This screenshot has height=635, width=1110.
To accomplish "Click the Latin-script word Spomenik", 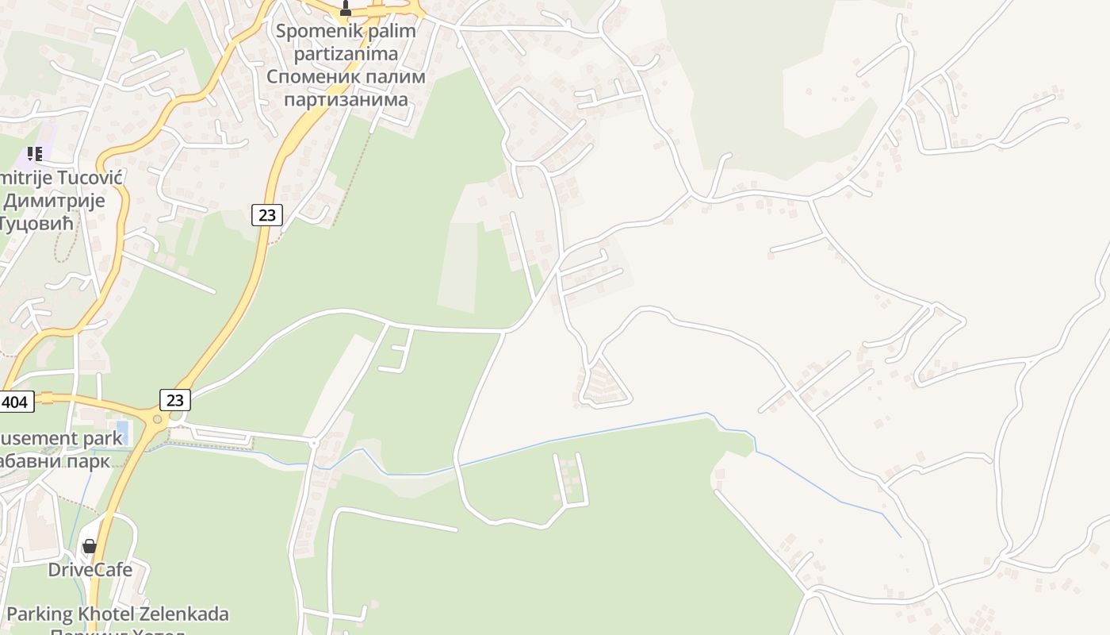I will point(310,33).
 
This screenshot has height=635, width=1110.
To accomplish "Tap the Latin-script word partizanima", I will point(346,55).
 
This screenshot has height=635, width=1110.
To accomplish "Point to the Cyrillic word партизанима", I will point(346,99).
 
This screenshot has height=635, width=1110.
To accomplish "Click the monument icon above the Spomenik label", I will point(345,9).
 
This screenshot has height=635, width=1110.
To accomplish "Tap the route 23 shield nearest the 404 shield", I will point(175,399).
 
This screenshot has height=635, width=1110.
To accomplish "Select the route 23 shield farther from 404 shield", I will point(267,214).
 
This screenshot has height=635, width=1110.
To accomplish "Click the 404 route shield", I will point(15,402).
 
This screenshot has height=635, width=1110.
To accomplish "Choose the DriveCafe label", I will point(90,569).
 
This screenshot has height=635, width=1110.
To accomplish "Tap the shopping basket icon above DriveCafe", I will point(90,546).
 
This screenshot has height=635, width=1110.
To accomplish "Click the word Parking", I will point(39,614).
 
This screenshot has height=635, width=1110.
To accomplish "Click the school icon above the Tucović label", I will point(34,153).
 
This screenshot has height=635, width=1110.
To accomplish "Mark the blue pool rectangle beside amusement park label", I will point(123,432).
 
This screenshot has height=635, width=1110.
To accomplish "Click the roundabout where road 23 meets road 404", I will point(157,418).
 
